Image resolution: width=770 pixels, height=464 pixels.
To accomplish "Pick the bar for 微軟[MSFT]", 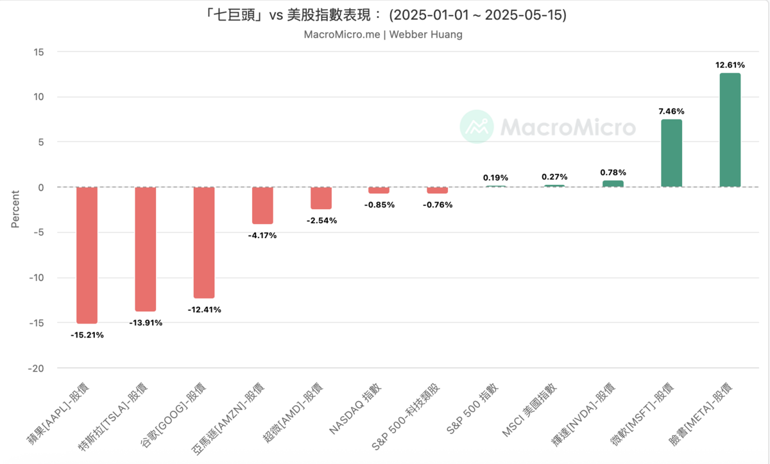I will point(671,153).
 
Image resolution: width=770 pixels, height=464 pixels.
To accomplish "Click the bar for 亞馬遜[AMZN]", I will point(262,205).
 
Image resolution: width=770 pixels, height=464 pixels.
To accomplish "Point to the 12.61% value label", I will point(730,65).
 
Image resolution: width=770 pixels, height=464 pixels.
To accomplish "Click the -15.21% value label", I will point(87,335).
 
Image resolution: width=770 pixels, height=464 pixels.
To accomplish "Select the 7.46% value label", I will point(671,111).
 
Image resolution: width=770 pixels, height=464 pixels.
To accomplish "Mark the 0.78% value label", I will point(613,172).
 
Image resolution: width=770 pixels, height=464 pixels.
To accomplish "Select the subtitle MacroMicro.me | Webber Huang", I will point(383,35).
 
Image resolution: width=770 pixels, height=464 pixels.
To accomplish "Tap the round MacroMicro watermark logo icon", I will point(477,126).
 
